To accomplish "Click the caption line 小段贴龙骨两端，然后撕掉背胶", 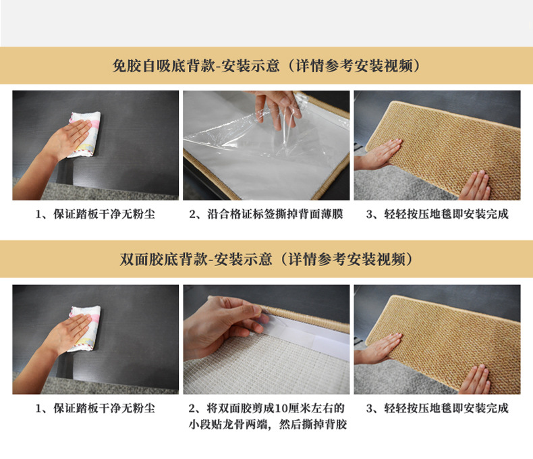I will [x=268, y=425].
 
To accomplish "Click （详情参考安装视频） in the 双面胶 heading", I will [x=344, y=259].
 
